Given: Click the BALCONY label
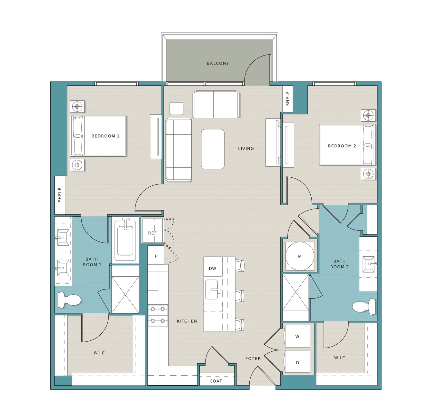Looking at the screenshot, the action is pyautogui.click(x=218, y=63).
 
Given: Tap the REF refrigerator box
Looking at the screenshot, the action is pyautogui.click(x=153, y=231).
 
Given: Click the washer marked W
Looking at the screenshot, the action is pyautogui.click(x=297, y=336).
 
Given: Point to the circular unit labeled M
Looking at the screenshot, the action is pyautogui.click(x=300, y=256).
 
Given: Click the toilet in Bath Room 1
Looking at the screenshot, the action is pyautogui.click(x=69, y=300).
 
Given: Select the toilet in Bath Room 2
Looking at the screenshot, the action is pyautogui.click(x=364, y=307).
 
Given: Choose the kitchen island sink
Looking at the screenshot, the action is pyautogui.click(x=213, y=290).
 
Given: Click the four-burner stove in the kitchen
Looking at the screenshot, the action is pyautogui.click(x=158, y=315).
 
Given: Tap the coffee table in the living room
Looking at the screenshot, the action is pyautogui.click(x=213, y=149).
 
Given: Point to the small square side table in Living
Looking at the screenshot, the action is pyautogui.click(x=176, y=109).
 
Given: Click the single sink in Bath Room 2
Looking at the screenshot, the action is pyautogui.click(x=369, y=264).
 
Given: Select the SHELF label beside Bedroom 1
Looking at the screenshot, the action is pyautogui.click(x=60, y=195).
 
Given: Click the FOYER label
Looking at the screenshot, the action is pyautogui.click(x=253, y=359).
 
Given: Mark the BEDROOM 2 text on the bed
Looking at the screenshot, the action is pyautogui.click(x=342, y=146).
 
